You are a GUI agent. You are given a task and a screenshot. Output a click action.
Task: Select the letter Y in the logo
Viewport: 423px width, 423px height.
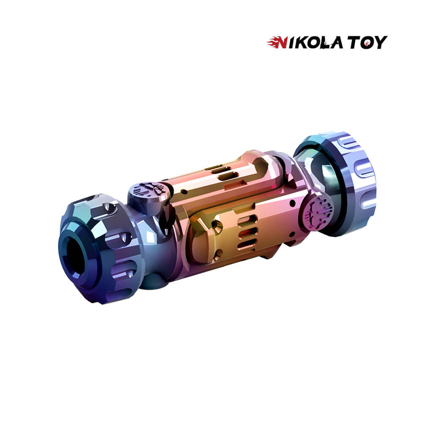click(380, 42)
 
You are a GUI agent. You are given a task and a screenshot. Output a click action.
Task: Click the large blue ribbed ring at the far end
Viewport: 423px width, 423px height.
click(348, 184)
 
